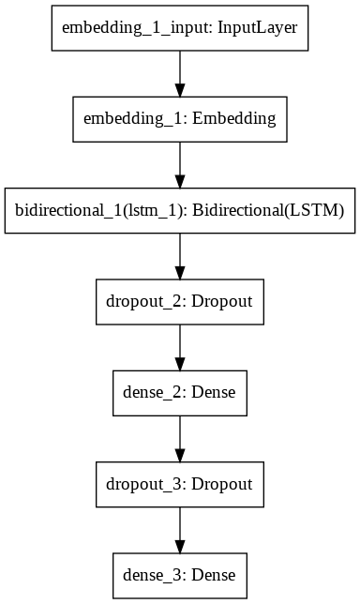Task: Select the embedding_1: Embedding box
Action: coord(179,119)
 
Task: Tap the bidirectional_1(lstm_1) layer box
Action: coord(179,211)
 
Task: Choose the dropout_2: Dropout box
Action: coord(179,302)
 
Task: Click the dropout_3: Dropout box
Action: coord(179,485)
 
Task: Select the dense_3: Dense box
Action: coord(179,576)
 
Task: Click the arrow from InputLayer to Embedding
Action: coord(179,73)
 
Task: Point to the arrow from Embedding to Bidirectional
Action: coord(179,165)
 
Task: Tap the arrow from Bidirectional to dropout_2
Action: coord(179,256)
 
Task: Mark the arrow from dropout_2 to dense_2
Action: coord(179,348)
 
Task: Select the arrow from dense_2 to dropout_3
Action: coord(179,439)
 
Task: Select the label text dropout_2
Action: coord(142,302)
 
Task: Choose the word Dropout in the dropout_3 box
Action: coord(221,485)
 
